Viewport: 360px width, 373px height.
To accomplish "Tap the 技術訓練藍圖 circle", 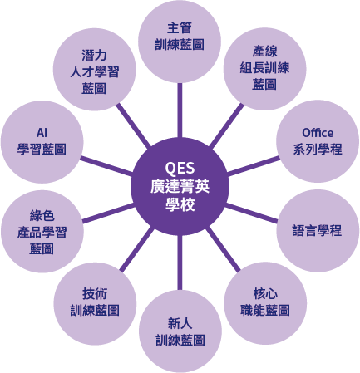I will point(93,302).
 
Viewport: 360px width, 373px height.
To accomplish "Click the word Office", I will point(317,132).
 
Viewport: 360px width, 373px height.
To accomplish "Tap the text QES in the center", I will point(180,164).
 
